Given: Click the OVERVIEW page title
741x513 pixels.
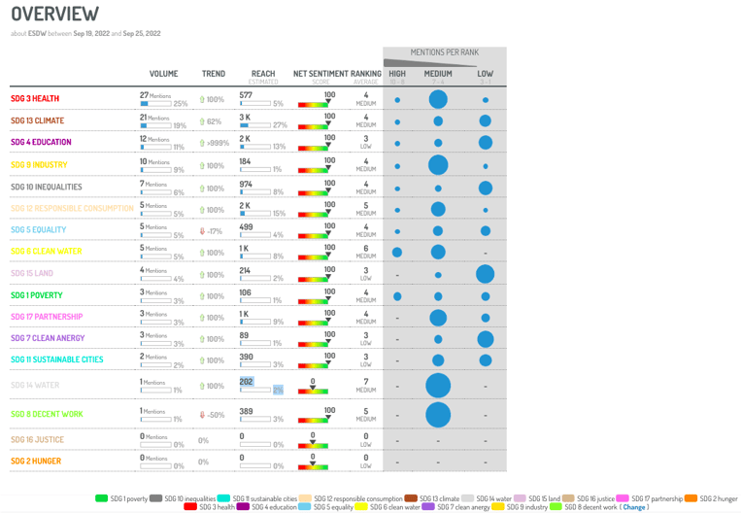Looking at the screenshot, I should coord(55,15).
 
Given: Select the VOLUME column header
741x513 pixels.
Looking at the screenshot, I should coord(163,73).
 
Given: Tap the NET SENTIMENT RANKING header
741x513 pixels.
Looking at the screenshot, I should coord(337,73).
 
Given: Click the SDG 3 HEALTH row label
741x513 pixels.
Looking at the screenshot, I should coord(35,99).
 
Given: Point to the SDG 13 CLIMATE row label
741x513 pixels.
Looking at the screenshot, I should coord(38,121).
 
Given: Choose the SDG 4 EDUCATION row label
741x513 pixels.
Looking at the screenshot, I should coord(41,143).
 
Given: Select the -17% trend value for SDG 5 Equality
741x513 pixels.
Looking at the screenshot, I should coord(213,231).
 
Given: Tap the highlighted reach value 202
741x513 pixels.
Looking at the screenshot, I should coord(247,383).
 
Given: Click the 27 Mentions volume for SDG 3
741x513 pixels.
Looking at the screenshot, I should coord(155,95).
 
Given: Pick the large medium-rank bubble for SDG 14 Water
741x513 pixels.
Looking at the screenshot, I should coord(438,386).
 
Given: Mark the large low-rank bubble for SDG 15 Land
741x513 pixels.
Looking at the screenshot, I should coord(486,275).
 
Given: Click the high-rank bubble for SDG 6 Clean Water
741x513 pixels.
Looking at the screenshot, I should coord(397,253).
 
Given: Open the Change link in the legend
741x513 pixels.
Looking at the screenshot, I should coord(635,506).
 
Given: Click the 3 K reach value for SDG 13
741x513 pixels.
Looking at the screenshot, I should coord(246,117).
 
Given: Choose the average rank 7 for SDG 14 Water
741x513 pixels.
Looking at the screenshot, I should coord(365,382).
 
